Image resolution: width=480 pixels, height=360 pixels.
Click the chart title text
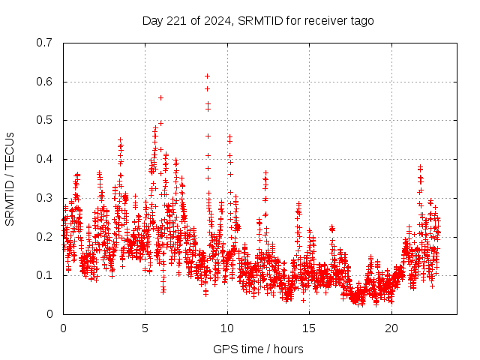click(x=258, y=20)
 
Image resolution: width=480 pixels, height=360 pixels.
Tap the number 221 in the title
click(x=174, y=20)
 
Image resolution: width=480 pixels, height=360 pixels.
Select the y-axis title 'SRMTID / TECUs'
click(x=10, y=178)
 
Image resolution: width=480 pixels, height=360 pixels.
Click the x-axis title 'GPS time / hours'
click(x=258, y=349)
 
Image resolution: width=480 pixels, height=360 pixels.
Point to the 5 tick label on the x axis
click(x=145, y=328)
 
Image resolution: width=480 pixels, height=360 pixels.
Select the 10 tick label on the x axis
click(x=227, y=328)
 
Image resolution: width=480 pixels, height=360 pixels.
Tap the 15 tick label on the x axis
click(x=309, y=328)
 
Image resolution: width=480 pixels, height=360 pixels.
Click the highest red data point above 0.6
click(x=207, y=76)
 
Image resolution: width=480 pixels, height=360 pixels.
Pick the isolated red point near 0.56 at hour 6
click(x=160, y=97)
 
